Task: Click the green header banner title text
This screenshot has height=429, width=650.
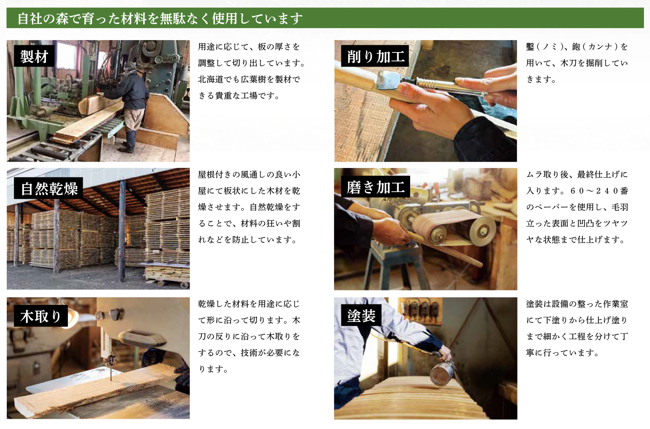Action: click(160, 19)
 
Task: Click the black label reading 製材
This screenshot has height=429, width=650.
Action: click(34, 56)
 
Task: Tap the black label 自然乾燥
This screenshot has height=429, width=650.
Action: click(49, 188)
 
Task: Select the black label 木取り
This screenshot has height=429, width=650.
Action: click(41, 316)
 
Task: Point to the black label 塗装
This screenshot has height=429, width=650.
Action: click(361, 315)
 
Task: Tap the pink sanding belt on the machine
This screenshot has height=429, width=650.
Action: click(435, 225)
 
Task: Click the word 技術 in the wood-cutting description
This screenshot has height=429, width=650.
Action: click(249, 353)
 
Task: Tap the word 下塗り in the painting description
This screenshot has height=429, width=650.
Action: click(556, 320)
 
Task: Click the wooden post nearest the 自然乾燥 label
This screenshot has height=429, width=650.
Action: click(56, 232)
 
